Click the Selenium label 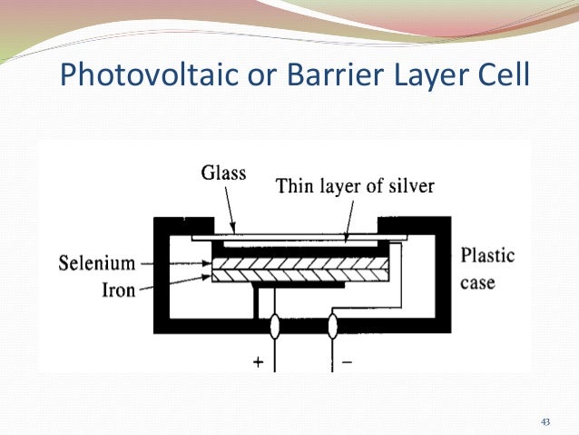point(96,263)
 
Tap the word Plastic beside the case point(487,255)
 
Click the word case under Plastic point(477,282)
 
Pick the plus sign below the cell point(258,361)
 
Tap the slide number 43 point(545,421)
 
